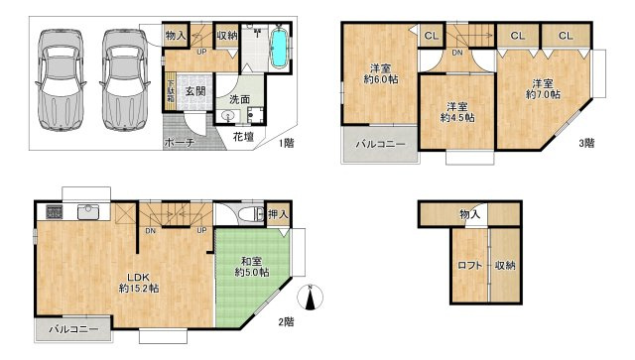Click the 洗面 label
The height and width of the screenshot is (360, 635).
(240, 99)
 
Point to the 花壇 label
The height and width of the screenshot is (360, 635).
(243, 136)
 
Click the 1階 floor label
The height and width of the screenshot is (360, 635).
(285, 143)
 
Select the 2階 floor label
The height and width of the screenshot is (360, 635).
(285, 320)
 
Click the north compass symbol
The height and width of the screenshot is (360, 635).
(311, 297)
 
